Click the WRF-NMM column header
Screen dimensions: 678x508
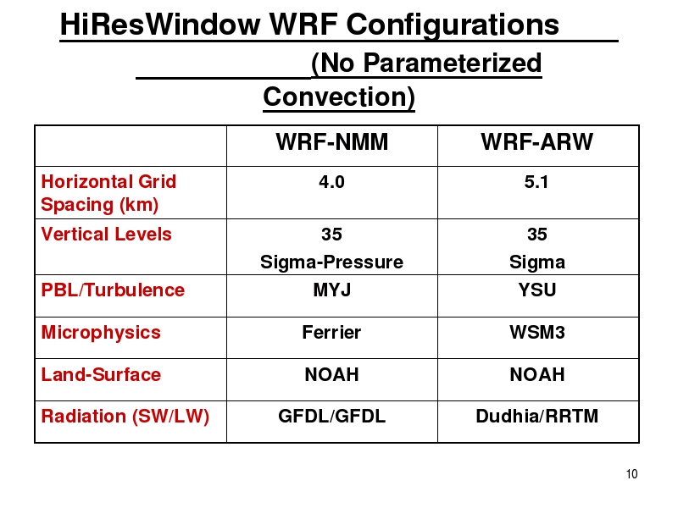(331, 141)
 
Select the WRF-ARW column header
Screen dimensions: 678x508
(536, 141)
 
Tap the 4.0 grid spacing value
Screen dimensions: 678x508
(331, 182)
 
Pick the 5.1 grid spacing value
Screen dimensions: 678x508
(536, 182)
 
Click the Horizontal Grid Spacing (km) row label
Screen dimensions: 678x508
(108, 193)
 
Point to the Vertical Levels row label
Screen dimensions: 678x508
(107, 235)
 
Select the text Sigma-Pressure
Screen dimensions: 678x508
(331, 262)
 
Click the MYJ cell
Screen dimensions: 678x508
(331, 290)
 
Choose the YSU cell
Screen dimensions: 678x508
(537, 290)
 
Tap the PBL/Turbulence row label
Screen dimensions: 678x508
(113, 290)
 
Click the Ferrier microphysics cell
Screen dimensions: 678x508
(331, 332)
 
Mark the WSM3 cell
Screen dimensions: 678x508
(537, 332)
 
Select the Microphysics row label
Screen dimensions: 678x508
(101, 333)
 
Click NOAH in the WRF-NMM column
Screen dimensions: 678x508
(331, 374)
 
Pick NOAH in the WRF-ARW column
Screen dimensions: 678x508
(537, 374)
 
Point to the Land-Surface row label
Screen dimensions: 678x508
(101, 374)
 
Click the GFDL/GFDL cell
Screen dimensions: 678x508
(331, 416)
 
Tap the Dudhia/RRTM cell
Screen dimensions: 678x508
(537, 416)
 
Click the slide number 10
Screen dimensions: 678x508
(631, 474)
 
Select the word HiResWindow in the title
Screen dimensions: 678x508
(160, 25)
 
